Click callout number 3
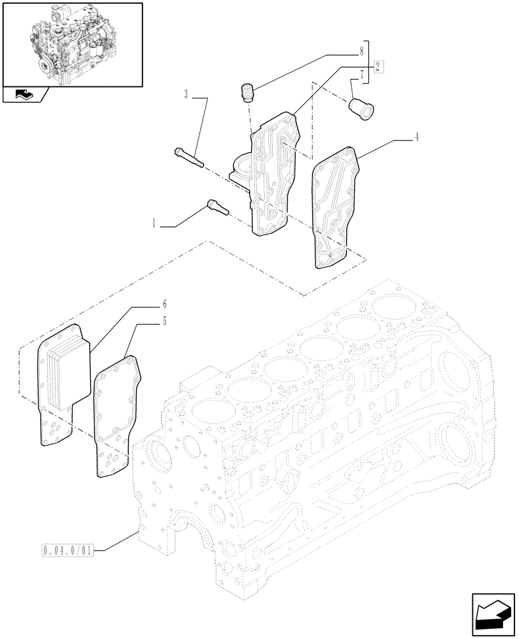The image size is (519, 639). click(186, 95)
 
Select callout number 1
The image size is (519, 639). click(154, 225)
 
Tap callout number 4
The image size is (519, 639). click(417, 136)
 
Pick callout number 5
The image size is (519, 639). click(164, 321)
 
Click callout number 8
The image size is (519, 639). click(362, 49)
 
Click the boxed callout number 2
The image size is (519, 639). click(378, 66)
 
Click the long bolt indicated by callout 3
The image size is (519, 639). click(188, 157)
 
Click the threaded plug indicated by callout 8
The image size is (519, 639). click(247, 93)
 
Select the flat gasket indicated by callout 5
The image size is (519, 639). click(115, 415)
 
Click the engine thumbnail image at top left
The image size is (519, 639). click(72, 44)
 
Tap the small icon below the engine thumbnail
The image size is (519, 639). click(24, 95)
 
